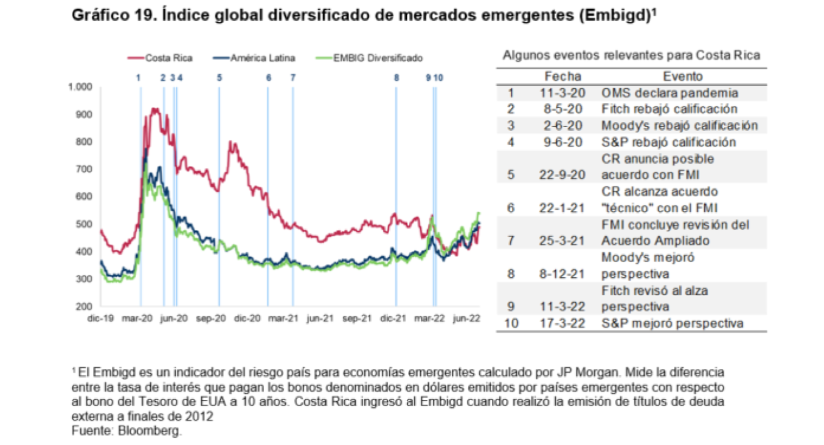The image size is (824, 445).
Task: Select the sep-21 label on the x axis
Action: tap(357, 318)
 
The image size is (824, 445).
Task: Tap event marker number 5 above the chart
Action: tap(220, 77)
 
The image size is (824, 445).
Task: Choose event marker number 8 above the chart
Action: tap(396, 77)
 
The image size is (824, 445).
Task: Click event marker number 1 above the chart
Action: tap(139, 77)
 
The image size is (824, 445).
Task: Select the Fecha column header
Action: tap(563, 77)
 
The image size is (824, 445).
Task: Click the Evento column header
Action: tap(682, 77)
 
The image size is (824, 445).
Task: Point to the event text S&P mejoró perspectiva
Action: tap(672, 323)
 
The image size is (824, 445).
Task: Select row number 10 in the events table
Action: tap(511, 323)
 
